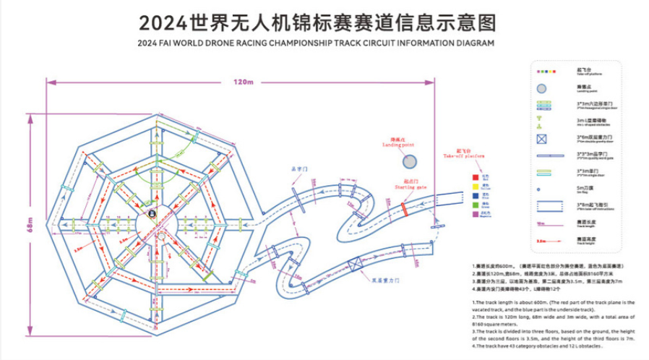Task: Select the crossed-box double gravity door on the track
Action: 355,265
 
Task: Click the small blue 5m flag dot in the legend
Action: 541,189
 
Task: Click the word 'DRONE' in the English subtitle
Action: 238,43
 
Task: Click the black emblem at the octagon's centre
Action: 152,214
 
